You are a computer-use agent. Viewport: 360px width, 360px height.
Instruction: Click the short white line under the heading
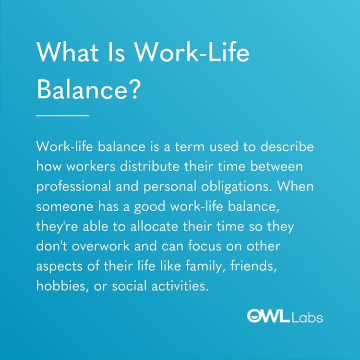(63, 115)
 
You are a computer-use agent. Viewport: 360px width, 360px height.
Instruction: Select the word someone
(60, 206)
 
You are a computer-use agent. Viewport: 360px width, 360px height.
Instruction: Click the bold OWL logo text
(267, 316)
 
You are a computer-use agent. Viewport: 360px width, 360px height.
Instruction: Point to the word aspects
(57, 267)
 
